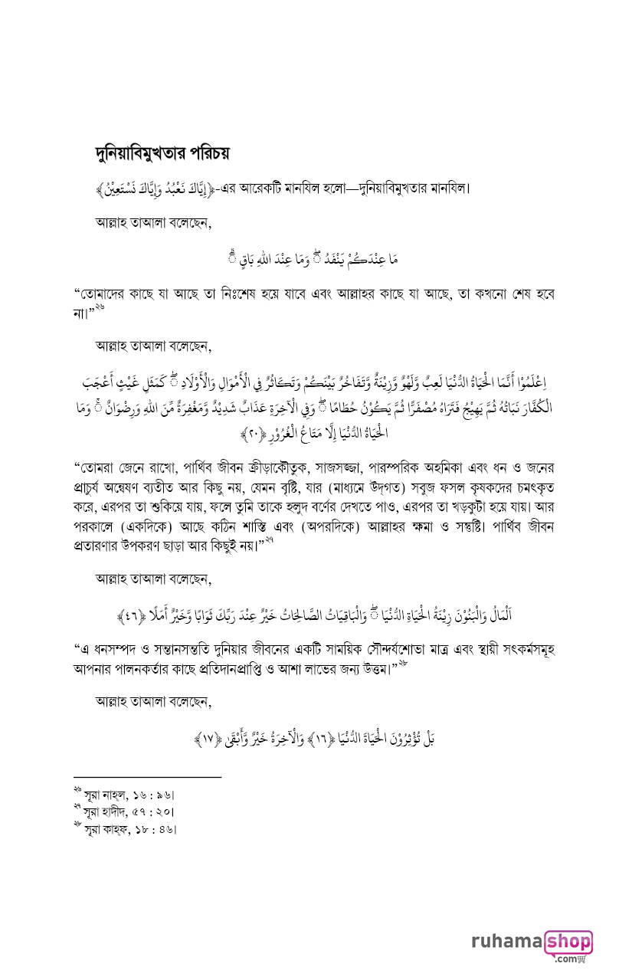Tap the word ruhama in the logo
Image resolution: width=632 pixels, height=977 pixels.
508,942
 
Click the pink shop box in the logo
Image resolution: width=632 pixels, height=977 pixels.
568,941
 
